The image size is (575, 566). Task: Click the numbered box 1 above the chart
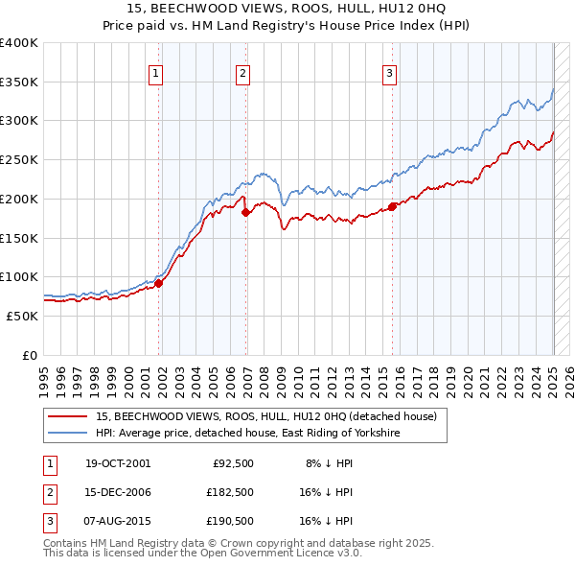tap(155, 71)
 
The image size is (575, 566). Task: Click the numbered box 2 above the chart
tap(243, 71)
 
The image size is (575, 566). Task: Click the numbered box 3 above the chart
tap(390, 71)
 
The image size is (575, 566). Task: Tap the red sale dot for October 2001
tap(159, 282)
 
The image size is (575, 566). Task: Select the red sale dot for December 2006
tap(246, 212)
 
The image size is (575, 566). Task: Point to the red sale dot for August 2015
tap(393, 206)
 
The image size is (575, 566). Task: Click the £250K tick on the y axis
tap(19, 159)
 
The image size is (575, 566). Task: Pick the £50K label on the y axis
tap(23, 316)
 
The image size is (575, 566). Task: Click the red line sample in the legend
tap(68, 416)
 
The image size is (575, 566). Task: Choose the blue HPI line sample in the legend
tap(68, 434)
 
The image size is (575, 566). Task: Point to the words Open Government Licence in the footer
tap(265, 554)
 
